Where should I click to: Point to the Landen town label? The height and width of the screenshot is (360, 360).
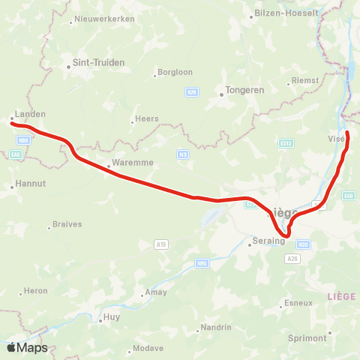tap(30, 114)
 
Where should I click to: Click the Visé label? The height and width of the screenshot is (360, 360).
tap(337, 139)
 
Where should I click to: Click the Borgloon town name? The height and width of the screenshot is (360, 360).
tap(168, 73)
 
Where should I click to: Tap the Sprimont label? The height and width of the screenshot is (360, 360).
tap(307, 338)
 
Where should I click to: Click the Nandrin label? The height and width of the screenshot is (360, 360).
tap(216, 328)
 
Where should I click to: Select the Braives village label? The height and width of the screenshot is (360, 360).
tap(68, 224)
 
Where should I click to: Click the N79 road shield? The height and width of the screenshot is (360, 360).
tap(192, 91)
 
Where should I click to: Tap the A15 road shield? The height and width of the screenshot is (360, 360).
tap(160, 244)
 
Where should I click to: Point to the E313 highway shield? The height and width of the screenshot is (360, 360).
tap(285, 142)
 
